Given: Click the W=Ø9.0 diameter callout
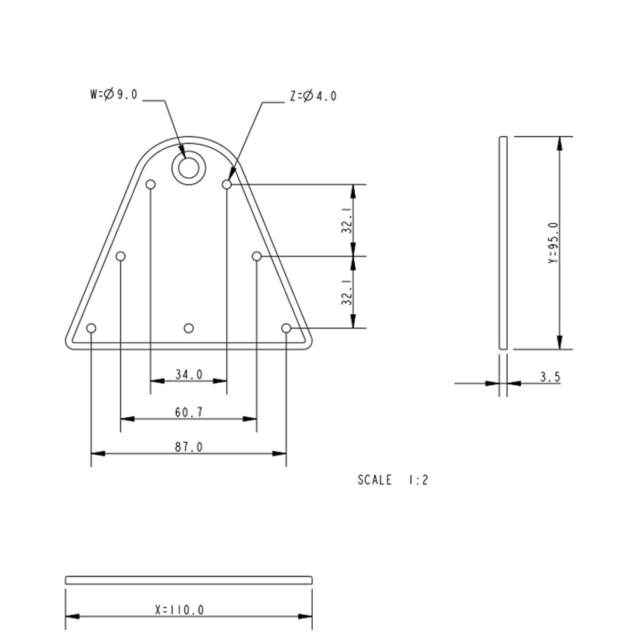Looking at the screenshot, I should [114, 95].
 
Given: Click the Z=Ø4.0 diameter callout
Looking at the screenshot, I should [313, 96].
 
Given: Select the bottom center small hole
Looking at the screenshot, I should [188, 328].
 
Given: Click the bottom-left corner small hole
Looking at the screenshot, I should [92, 328].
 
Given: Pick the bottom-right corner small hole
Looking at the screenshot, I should [286, 328].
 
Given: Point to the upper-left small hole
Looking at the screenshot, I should [151, 185].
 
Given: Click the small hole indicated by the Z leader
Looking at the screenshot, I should [227, 185].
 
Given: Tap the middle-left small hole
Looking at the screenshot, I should [121, 256].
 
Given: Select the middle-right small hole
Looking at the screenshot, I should [257, 256].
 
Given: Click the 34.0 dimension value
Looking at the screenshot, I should [188, 375].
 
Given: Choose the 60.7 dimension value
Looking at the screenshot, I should [188, 413].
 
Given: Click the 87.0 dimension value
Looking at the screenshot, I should [188, 447].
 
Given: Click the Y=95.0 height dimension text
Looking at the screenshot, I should [552, 243].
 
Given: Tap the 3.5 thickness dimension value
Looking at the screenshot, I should [550, 377].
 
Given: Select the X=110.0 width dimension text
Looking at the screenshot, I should [179, 611].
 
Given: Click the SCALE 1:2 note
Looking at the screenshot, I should [393, 481].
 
